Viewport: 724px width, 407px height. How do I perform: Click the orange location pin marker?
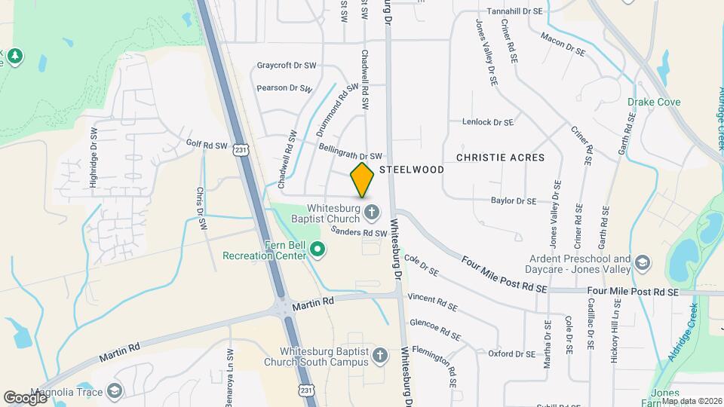[x=363, y=179]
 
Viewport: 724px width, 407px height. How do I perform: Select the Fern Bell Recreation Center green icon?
[x=318, y=248]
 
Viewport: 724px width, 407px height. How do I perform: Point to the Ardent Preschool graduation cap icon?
[x=642, y=263]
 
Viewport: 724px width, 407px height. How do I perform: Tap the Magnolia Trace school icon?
[x=114, y=390]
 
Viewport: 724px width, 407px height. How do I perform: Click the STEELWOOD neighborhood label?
[x=411, y=170]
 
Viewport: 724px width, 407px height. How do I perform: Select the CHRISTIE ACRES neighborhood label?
[x=500, y=158]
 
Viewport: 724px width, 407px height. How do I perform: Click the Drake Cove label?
[x=654, y=102]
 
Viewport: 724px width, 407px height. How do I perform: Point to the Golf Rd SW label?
[x=207, y=144]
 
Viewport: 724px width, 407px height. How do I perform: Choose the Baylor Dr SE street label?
[x=513, y=201]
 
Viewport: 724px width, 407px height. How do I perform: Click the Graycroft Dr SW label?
[x=286, y=66]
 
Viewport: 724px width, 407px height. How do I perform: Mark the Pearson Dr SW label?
[x=284, y=88]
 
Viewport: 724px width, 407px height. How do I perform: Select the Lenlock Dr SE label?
[x=487, y=121]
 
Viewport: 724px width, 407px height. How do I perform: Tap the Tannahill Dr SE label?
[x=514, y=11]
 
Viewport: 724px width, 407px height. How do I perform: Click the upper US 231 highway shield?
[x=241, y=150]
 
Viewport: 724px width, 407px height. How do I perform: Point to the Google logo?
[x=26, y=396]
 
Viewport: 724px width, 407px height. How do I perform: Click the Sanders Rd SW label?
[x=358, y=233]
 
